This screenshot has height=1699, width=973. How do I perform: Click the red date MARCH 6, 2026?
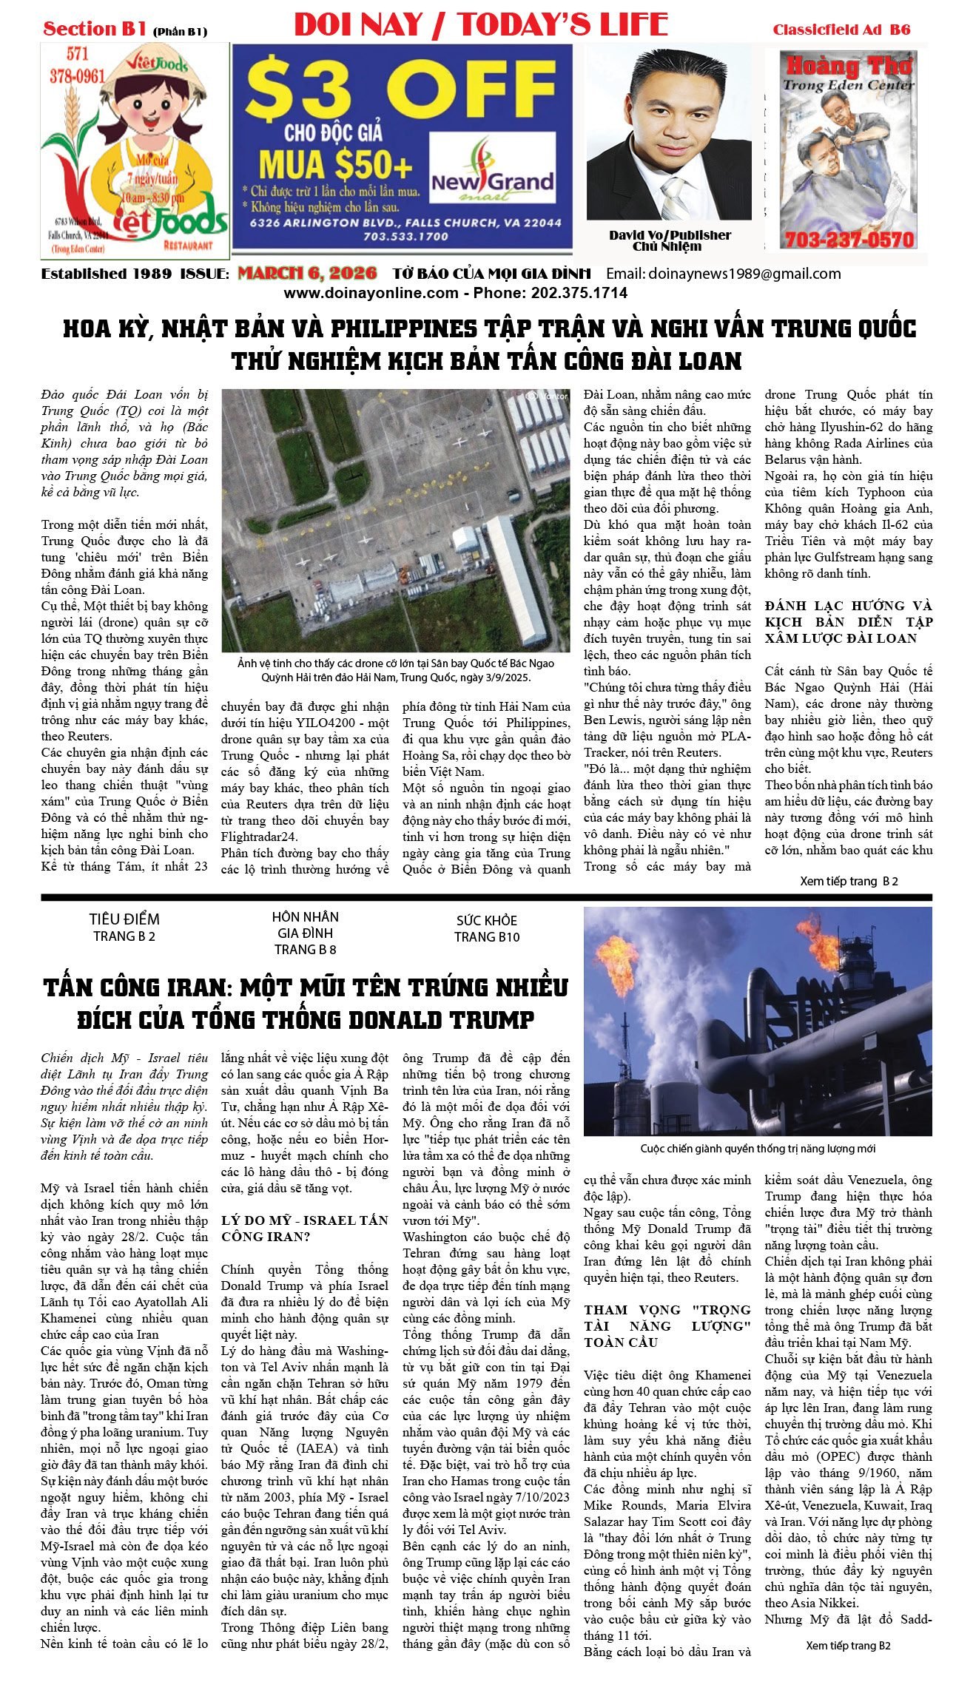[x=307, y=274]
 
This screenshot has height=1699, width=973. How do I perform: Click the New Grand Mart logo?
[x=492, y=180]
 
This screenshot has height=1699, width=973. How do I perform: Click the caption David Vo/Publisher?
[x=670, y=235]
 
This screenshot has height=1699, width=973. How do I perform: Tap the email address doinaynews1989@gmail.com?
[x=744, y=274]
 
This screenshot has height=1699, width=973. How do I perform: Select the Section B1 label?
[x=95, y=29]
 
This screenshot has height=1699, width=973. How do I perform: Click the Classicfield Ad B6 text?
[x=841, y=30]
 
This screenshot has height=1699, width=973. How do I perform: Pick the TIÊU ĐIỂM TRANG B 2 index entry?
[x=124, y=927]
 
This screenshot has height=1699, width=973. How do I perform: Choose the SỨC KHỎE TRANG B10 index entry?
[x=487, y=928]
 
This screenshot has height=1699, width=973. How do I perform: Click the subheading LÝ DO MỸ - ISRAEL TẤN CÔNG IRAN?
[x=305, y=1228]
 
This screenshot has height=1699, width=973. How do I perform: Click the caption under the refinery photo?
[x=757, y=1149]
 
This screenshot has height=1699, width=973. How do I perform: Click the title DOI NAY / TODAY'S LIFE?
[x=481, y=25]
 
